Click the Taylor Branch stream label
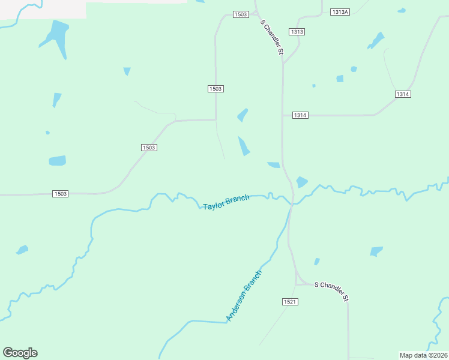226,202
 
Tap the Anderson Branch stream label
244,296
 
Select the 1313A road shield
340,12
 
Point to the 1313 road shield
297,32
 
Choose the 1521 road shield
289,302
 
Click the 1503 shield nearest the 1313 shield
240,14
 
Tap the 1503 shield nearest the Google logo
60,194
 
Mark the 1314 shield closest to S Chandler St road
300,115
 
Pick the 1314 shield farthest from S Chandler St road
403,94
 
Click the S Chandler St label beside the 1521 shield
331,289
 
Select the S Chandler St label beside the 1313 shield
271,37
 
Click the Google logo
20,353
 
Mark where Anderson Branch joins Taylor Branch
292,205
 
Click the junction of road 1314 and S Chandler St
283,115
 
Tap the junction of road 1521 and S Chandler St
296,283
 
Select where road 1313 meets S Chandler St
283,62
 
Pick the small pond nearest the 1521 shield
316,262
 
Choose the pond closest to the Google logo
22,250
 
